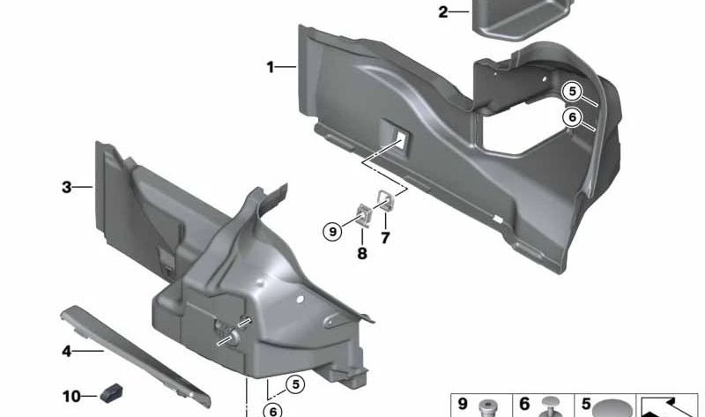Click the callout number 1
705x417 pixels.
point(270,68)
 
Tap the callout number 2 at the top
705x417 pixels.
point(443,12)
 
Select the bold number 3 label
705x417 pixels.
point(67,187)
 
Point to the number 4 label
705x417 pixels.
point(67,351)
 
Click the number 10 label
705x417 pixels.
point(71,397)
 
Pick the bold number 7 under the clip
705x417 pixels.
point(385,238)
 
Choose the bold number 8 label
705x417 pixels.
point(362,254)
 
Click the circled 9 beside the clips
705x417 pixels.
point(333,232)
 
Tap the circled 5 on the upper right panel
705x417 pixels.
point(572,92)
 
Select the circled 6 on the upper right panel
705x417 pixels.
point(572,117)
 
